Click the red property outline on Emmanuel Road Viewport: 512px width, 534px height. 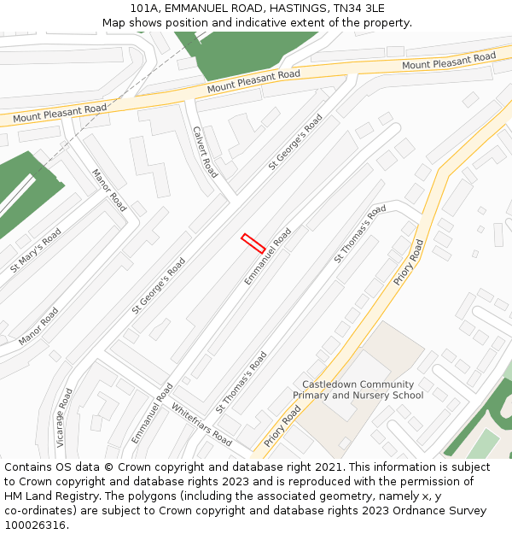pyautogui.click(x=252, y=244)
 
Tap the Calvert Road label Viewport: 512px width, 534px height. pyautogui.click(x=206, y=152)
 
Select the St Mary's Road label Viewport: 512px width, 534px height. pyautogui.click(x=36, y=249)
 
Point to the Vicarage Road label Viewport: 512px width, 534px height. pyautogui.click(x=65, y=419)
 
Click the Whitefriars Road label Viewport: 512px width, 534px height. pyautogui.click(x=201, y=425)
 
